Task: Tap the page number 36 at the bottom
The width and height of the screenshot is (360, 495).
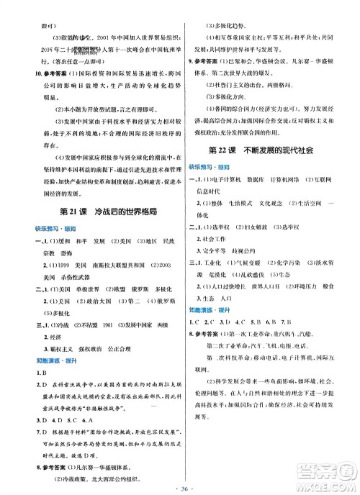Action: click(x=179, y=481)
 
